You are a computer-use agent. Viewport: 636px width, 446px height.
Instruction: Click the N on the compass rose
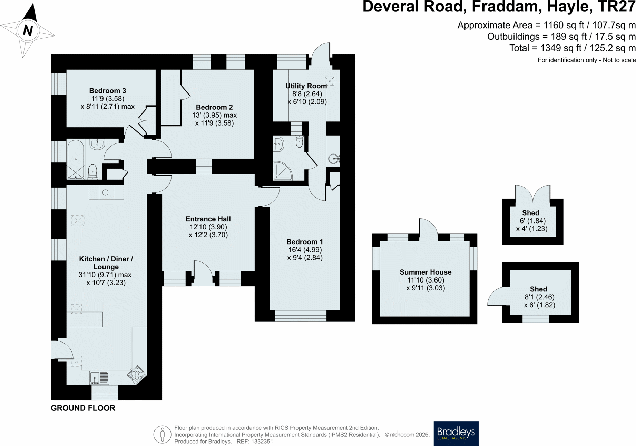[28, 31]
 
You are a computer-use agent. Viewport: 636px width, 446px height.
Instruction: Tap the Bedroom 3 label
[107, 91]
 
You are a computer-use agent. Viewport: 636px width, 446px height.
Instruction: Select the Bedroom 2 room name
[214, 107]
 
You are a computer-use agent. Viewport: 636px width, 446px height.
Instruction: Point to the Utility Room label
[306, 86]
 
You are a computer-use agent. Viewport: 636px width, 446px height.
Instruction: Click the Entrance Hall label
[208, 219]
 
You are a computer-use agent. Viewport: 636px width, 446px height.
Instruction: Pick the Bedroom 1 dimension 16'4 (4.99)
[305, 250]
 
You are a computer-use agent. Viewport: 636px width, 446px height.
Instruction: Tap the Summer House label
[425, 272]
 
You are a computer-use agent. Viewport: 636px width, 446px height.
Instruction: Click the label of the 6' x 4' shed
[530, 213]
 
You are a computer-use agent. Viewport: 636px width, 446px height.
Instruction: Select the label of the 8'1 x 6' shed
[538, 289]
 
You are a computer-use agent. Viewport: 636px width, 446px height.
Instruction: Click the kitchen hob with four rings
[137, 374]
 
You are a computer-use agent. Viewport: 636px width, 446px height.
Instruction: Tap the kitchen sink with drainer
[99, 378]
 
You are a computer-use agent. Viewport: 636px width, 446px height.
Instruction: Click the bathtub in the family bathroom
[76, 159]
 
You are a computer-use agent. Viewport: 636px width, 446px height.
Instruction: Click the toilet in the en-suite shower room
[299, 141]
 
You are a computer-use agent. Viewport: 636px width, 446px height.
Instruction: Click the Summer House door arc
[428, 227]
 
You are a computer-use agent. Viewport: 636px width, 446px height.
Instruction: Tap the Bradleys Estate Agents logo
[456, 433]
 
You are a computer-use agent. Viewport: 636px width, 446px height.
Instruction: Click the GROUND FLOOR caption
[83, 408]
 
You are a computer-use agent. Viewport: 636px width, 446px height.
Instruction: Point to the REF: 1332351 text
[255, 442]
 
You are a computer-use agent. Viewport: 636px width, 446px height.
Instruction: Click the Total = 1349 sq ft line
[572, 48]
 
